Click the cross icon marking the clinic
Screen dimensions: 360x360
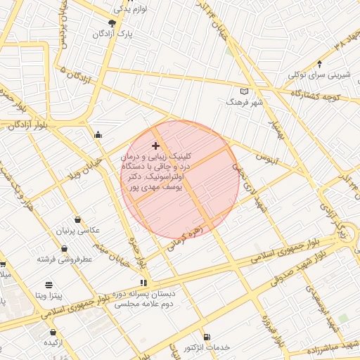tap(155, 146)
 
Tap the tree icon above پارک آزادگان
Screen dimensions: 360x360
tap(112, 23)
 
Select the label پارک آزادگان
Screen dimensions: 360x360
tap(115, 34)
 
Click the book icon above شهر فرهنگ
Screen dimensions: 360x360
tap(245, 91)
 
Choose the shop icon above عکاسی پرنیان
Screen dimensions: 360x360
tap(77, 219)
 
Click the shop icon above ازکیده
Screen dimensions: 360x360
tap(53, 332)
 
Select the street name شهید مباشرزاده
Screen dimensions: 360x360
tap(324, 347)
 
